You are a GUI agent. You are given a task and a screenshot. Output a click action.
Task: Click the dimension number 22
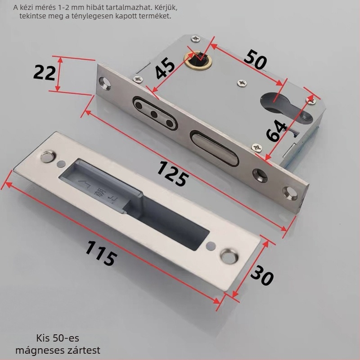[x=45, y=72]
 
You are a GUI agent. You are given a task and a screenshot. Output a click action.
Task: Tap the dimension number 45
[x=165, y=68]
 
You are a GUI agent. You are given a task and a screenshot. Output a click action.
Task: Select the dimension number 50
[x=256, y=59]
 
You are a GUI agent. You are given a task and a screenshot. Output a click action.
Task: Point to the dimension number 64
[x=276, y=130]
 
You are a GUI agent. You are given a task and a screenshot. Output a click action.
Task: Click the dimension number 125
[x=173, y=173]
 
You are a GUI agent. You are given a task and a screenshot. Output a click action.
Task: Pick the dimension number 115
[x=100, y=253]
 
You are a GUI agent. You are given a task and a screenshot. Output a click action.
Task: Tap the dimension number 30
[x=262, y=275]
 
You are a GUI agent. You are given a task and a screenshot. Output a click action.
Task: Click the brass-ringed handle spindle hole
[x=198, y=59]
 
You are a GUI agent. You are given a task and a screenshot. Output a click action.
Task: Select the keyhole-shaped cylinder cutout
[x=286, y=107]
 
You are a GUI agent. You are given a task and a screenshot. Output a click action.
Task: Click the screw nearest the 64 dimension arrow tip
[x=311, y=100]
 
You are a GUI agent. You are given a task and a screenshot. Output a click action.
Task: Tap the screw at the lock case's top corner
[x=196, y=39]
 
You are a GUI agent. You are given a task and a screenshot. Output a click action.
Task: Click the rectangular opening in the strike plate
[x=134, y=204]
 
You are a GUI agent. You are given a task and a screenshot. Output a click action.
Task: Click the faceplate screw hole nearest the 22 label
[x=105, y=84]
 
